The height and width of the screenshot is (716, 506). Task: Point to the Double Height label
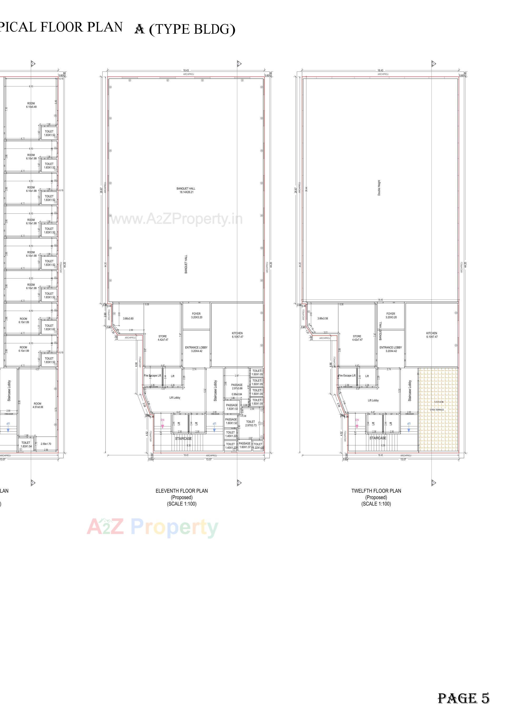pyautogui.click(x=379, y=188)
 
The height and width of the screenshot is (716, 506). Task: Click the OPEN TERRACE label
pyautogui.click(x=437, y=410)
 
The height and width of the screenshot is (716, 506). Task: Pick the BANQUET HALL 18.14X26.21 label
pyautogui.click(x=186, y=190)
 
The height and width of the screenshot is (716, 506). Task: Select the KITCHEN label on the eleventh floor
pyautogui.click(x=237, y=335)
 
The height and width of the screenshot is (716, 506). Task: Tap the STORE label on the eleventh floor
pyautogui.click(x=163, y=338)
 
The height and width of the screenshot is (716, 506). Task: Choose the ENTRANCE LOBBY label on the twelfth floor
pyautogui.click(x=391, y=349)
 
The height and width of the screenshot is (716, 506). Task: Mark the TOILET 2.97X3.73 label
pyautogui.click(x=251, y=423)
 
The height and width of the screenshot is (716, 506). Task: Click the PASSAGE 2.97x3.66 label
pyautogui.click(x=237, y=387)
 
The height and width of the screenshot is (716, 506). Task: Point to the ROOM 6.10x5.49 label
pyautogui.click(x=31, y=105)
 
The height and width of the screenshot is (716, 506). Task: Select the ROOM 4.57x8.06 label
pyautogui.click(x=37, y=405)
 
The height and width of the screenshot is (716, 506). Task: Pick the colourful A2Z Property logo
pyautogui.click(x=152, y=528)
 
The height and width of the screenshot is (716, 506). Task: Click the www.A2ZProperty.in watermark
pyautogui.click(x=177, y=220)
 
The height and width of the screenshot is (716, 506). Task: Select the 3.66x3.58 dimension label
pyautogui.click(x=323, y=318)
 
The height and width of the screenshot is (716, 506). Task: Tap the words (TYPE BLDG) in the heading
pyautogui.click(x=192, y=29)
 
